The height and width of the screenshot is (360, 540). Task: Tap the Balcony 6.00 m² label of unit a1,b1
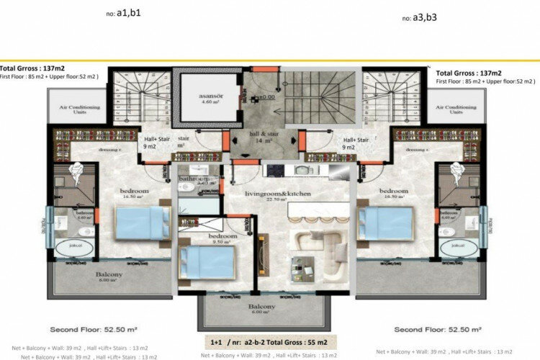click(x=109, y=277)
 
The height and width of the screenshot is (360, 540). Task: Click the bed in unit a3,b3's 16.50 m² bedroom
click(x=385, y=223)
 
